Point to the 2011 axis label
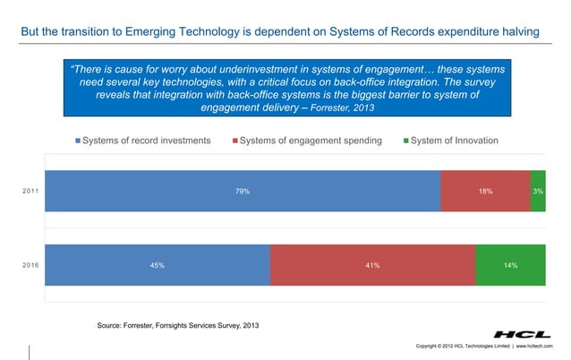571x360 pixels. pyautogui.click(x=30, y=191)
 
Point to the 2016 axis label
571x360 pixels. pyautogui.click(x=30, y=265)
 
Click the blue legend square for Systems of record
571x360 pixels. pyautogui.click(x=77, y=141)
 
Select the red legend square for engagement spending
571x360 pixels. pyautogui.click(x=235, y=141)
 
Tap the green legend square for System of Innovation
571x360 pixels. pyautogui.click(x=406, y=141)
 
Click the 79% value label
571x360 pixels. pyautogui.click(x=242, y=191)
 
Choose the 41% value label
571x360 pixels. pyautogui.click(x=372, y=265)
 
